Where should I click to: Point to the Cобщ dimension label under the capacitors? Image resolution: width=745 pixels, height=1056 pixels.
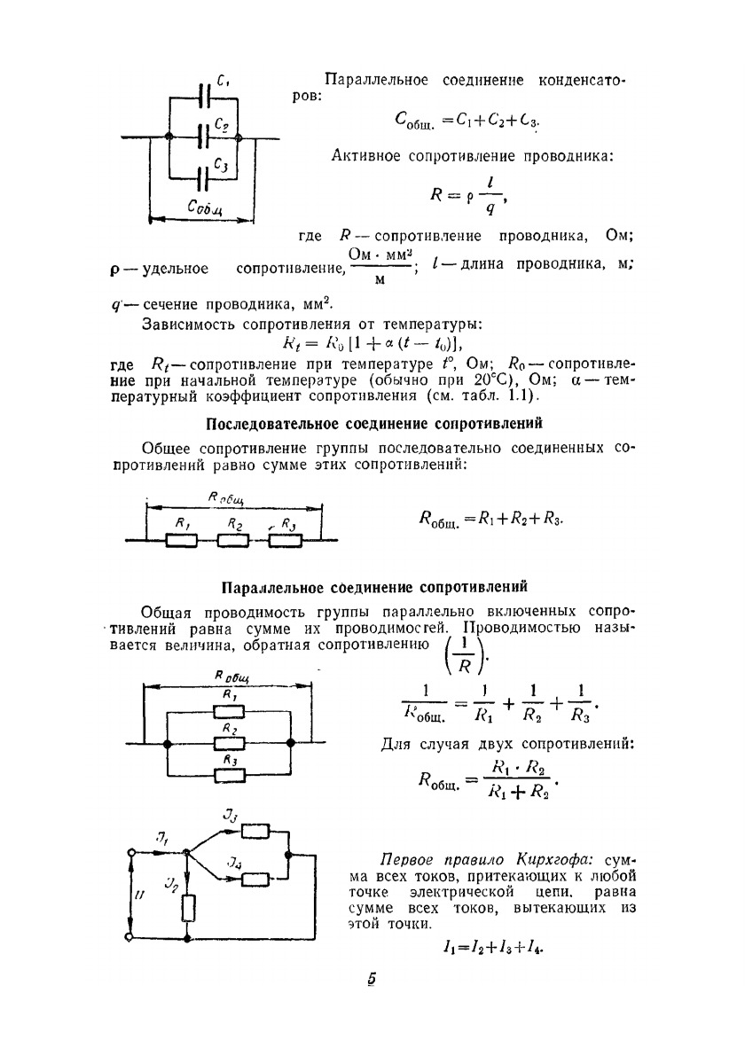[206, 207]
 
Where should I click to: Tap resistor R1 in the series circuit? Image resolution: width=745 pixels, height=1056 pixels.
[181, 539]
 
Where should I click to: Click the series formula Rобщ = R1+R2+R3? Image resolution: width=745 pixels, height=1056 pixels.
[490, 518]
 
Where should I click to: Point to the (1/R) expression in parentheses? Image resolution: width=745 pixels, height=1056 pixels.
[462, 657]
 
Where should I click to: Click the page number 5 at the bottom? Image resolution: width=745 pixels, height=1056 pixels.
[372, 980]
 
